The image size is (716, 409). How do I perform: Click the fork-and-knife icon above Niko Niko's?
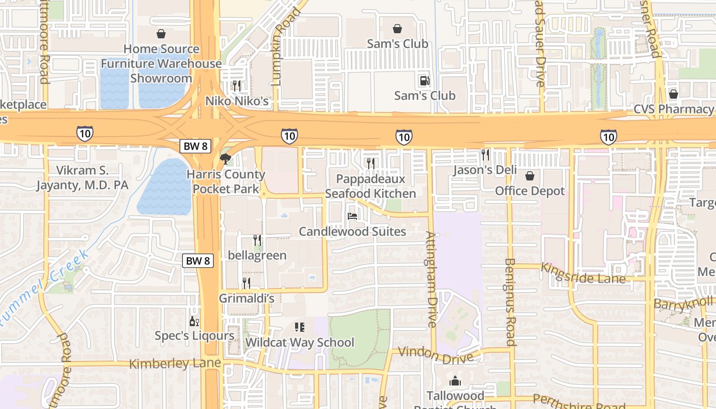[236, 85]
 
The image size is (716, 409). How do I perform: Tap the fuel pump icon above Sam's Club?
[424, 80]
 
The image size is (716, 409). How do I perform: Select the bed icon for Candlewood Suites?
[352, 216]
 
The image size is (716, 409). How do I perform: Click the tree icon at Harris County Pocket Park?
[225, 159]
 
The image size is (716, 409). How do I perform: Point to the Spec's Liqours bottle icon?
[194, 321]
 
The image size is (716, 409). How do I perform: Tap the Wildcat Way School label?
[300, 342]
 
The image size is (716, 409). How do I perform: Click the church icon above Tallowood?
[455, 381]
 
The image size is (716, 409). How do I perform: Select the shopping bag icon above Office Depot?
[530, 176]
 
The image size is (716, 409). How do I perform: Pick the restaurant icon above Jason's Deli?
[485, 154]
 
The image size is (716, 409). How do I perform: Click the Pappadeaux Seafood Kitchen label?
[371, 186]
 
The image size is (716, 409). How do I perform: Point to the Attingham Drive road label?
[431, 279]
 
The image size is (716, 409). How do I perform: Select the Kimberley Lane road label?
[175, 363]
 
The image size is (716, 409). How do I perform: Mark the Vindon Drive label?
[435, 355]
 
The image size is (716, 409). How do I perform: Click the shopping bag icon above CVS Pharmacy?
[673, 94]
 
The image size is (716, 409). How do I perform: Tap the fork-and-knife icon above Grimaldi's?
[247, 283]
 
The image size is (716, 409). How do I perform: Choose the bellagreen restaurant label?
[257, 255]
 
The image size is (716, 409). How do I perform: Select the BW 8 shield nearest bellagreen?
[198, 261]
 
